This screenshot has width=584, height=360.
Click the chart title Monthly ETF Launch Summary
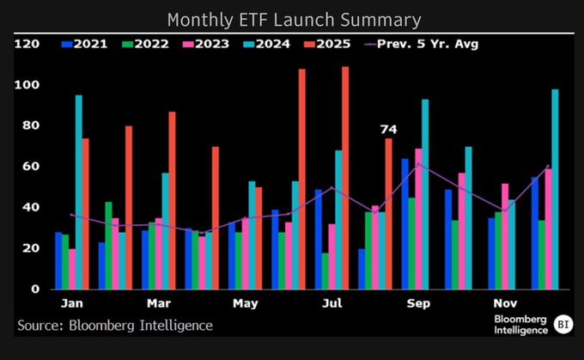292,19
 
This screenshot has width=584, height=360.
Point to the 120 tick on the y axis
27,44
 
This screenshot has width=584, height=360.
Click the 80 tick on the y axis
31,125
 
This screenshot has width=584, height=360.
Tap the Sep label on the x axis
418,303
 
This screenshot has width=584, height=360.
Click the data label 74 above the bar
388,129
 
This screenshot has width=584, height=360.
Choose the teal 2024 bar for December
555,189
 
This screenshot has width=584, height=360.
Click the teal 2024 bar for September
425,194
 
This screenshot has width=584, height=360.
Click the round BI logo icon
563,323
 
